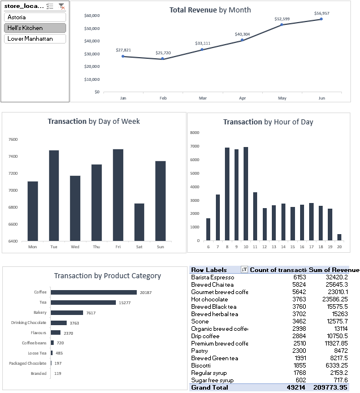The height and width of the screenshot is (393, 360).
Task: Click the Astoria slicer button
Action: pyautogui.click(x=34, y=17)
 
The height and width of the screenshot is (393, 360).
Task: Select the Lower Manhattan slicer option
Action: pyautogui.click(x=34, y=38)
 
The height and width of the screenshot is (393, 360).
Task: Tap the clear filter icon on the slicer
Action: pyautogui.click(x=62, y=6)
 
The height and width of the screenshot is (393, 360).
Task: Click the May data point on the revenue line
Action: pyautogui.click(x=281, y=24)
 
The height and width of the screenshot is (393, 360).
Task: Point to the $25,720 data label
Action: pyautogui.click(x=163, y=53)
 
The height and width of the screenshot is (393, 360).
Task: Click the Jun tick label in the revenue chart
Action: pyautogui.click(x=321, y=98)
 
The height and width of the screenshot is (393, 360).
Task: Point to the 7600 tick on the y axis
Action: pyautogui.click(x=13, y=139)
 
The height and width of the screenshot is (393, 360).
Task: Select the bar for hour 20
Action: pyautogui.click(x=339, y=237)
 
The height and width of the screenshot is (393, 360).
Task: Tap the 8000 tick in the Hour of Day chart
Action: pyautogui.click(x=195, y=133)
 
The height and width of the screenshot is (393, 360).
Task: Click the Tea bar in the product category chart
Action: pyautogui.click(x=83, y=303)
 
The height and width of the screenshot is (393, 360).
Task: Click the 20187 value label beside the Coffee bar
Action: pyautogui.click(x=146, y=292)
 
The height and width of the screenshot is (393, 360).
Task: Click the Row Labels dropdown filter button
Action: pyautogui.click(x=244, y=270)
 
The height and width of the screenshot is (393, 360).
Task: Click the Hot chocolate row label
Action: pyautogui.click(x=210, y=299)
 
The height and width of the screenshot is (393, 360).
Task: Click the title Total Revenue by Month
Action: pyautogui.click(x=210, y=10)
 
